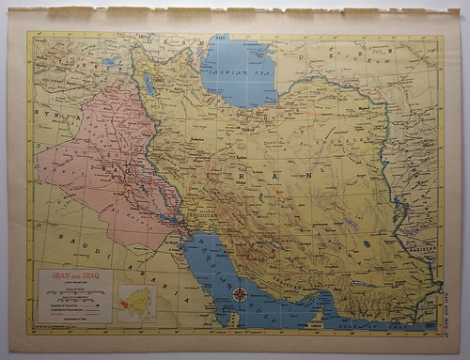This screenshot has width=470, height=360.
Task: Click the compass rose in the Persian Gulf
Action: point(241,294)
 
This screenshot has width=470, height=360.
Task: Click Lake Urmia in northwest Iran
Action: point(150,84)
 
